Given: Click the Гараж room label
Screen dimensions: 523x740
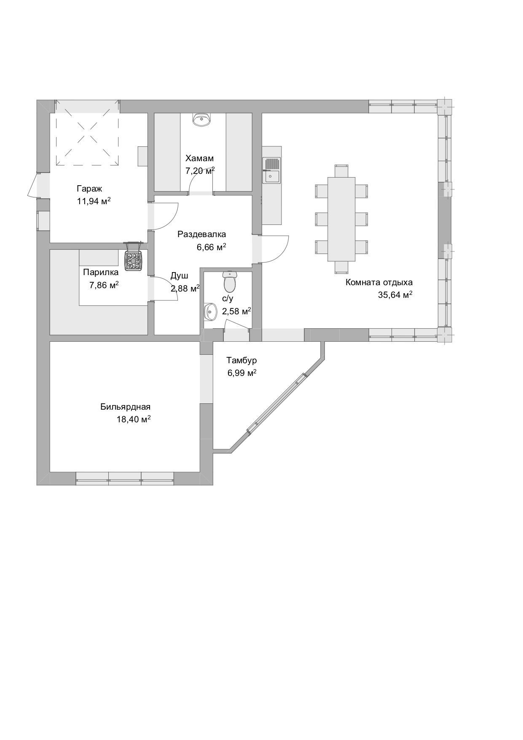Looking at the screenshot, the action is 89,189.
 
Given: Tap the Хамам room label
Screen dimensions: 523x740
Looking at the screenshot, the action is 199,159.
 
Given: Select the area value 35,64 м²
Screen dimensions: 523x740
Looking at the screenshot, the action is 395,295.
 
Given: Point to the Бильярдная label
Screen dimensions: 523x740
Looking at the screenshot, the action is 125,407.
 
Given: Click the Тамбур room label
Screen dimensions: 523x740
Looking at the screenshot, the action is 241,361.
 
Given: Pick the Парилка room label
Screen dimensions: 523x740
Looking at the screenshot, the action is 101,272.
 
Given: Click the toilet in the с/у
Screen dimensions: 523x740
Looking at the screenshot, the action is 230,282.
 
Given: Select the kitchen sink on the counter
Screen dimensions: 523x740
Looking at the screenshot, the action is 271,170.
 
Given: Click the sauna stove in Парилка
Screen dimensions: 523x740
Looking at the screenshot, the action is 134,257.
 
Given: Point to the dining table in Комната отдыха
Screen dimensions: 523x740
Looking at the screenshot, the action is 341,219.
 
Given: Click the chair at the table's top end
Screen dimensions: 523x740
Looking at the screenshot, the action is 341,171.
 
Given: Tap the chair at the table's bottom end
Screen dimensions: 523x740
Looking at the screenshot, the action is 341,267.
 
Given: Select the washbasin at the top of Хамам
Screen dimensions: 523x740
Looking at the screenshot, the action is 202,120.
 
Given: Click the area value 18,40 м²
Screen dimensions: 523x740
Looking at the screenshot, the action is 134,419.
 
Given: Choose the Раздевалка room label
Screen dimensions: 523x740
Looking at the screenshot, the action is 201,234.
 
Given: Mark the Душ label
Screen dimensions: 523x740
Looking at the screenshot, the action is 179,276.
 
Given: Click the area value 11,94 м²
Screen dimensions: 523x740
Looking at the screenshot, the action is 94,201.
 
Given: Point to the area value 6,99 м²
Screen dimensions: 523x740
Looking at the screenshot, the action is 242,373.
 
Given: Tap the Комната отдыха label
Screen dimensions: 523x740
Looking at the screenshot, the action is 379,283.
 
